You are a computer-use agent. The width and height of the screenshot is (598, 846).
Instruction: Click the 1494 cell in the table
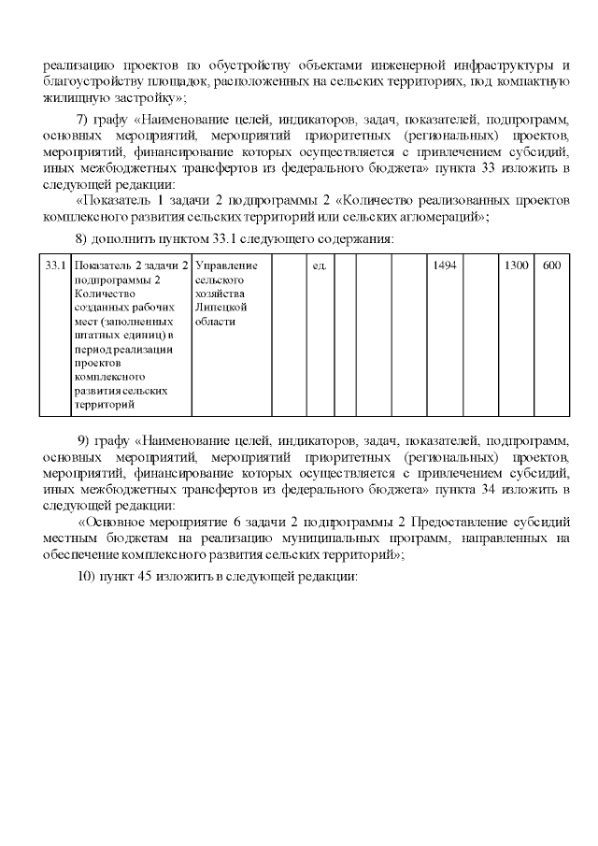click(445, 266)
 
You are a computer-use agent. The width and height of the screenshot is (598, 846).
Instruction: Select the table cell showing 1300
click(516, 266)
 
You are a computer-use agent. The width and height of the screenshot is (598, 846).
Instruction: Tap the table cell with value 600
click(551, 266)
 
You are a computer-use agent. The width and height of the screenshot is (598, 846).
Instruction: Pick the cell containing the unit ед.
click(318, 266)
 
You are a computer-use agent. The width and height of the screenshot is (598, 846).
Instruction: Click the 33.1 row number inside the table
click(55, 266)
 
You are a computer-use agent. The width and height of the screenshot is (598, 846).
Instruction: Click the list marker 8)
click(82, 238)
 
